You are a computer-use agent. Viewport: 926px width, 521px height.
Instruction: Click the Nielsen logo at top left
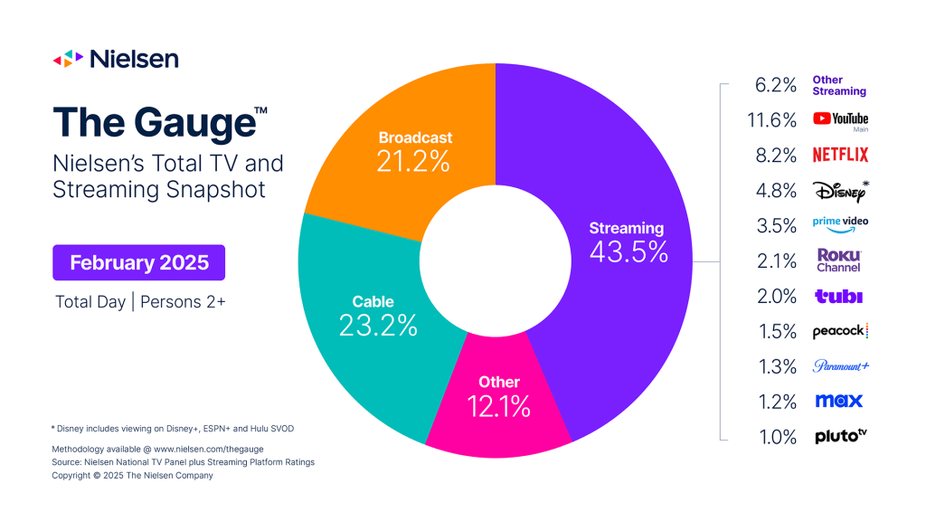point(116,60)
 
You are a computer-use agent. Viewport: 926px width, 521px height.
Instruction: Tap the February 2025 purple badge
point(139,263)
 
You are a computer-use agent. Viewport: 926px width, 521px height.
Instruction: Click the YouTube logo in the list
point(840,119)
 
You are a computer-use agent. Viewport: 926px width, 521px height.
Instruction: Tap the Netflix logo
point(840,155)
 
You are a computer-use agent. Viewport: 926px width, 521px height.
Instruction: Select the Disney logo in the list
point(840,190)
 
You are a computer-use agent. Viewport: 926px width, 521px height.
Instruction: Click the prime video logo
point(840,224)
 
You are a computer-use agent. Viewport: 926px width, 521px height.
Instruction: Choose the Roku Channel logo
point(839,260)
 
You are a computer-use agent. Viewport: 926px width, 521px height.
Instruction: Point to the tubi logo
point(838,296)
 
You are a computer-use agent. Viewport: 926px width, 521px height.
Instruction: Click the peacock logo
point(840,331)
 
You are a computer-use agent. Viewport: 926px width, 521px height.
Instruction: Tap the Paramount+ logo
point(840,366)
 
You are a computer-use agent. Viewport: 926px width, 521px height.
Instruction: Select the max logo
point(838,401)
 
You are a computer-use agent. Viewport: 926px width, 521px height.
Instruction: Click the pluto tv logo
point(840,436)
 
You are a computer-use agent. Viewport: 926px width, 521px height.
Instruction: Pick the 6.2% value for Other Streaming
point(776,85)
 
